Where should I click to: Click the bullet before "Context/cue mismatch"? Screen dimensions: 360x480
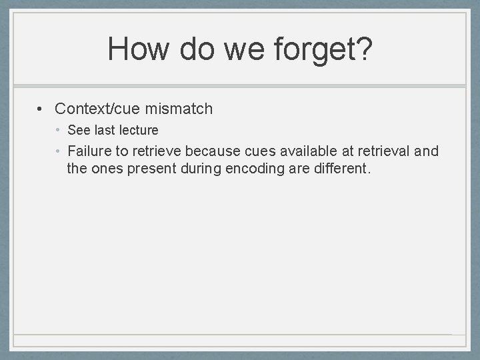pos(41,109)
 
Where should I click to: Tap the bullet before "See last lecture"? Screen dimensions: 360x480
pos(59,130)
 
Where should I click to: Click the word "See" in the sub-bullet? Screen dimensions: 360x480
pos(79,130)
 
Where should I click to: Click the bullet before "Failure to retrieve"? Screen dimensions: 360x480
pos(59,151)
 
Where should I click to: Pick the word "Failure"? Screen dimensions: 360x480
pos(91,151)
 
